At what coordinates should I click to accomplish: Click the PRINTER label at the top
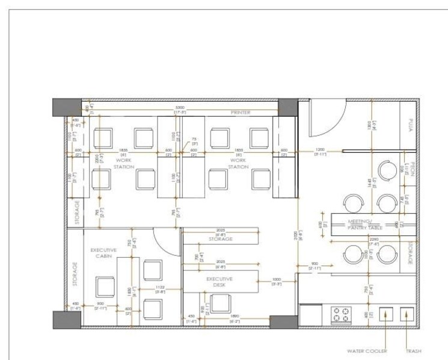pyautogui.click(x=241, y=113)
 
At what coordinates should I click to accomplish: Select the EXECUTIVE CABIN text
pyautogui.click(x=103, y=253)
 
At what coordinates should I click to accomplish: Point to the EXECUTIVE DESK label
pyautogui.click(x=219, y=282)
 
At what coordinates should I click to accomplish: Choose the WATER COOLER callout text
pyautogui.click(x=367, y=351)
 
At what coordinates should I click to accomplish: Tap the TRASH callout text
pyautogui.click(x=413, y=351)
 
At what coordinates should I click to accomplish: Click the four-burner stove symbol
pyautogui.click(x=342, y=315)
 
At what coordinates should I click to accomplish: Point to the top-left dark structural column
pyautogui.click(x=66, y=107)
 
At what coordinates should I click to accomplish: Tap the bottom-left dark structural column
pyautogui.click(x=66, y=320)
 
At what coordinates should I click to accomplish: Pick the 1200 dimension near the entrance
pyautogui.click(x=319, y=149)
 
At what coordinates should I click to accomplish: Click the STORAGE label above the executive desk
pyautogui.click(x=221, y=239)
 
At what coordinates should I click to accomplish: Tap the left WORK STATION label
pyautogui.click(x=124, y=163)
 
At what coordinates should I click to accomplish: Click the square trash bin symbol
pyautogui.click(x=407, y=314)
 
